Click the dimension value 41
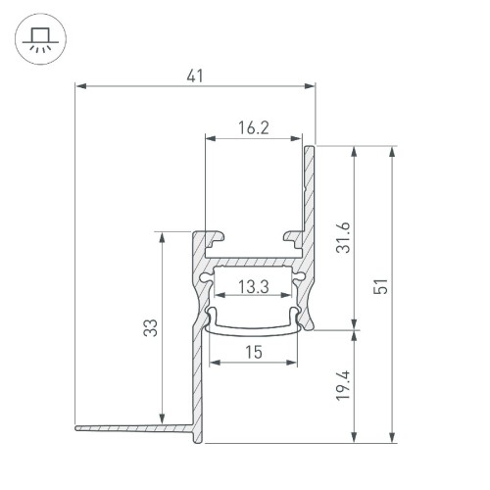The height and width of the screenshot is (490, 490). tap(198, 75)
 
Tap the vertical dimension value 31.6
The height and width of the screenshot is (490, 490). tap(342, 236)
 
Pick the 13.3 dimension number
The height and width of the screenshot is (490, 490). tap(254, 286)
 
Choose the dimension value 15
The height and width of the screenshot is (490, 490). tap(254, 352)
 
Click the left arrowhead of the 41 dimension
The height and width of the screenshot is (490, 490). tap(80, 87)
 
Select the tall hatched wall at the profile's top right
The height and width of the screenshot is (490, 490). tap(310, 196)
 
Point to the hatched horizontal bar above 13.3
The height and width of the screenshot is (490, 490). tap(254, 265)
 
